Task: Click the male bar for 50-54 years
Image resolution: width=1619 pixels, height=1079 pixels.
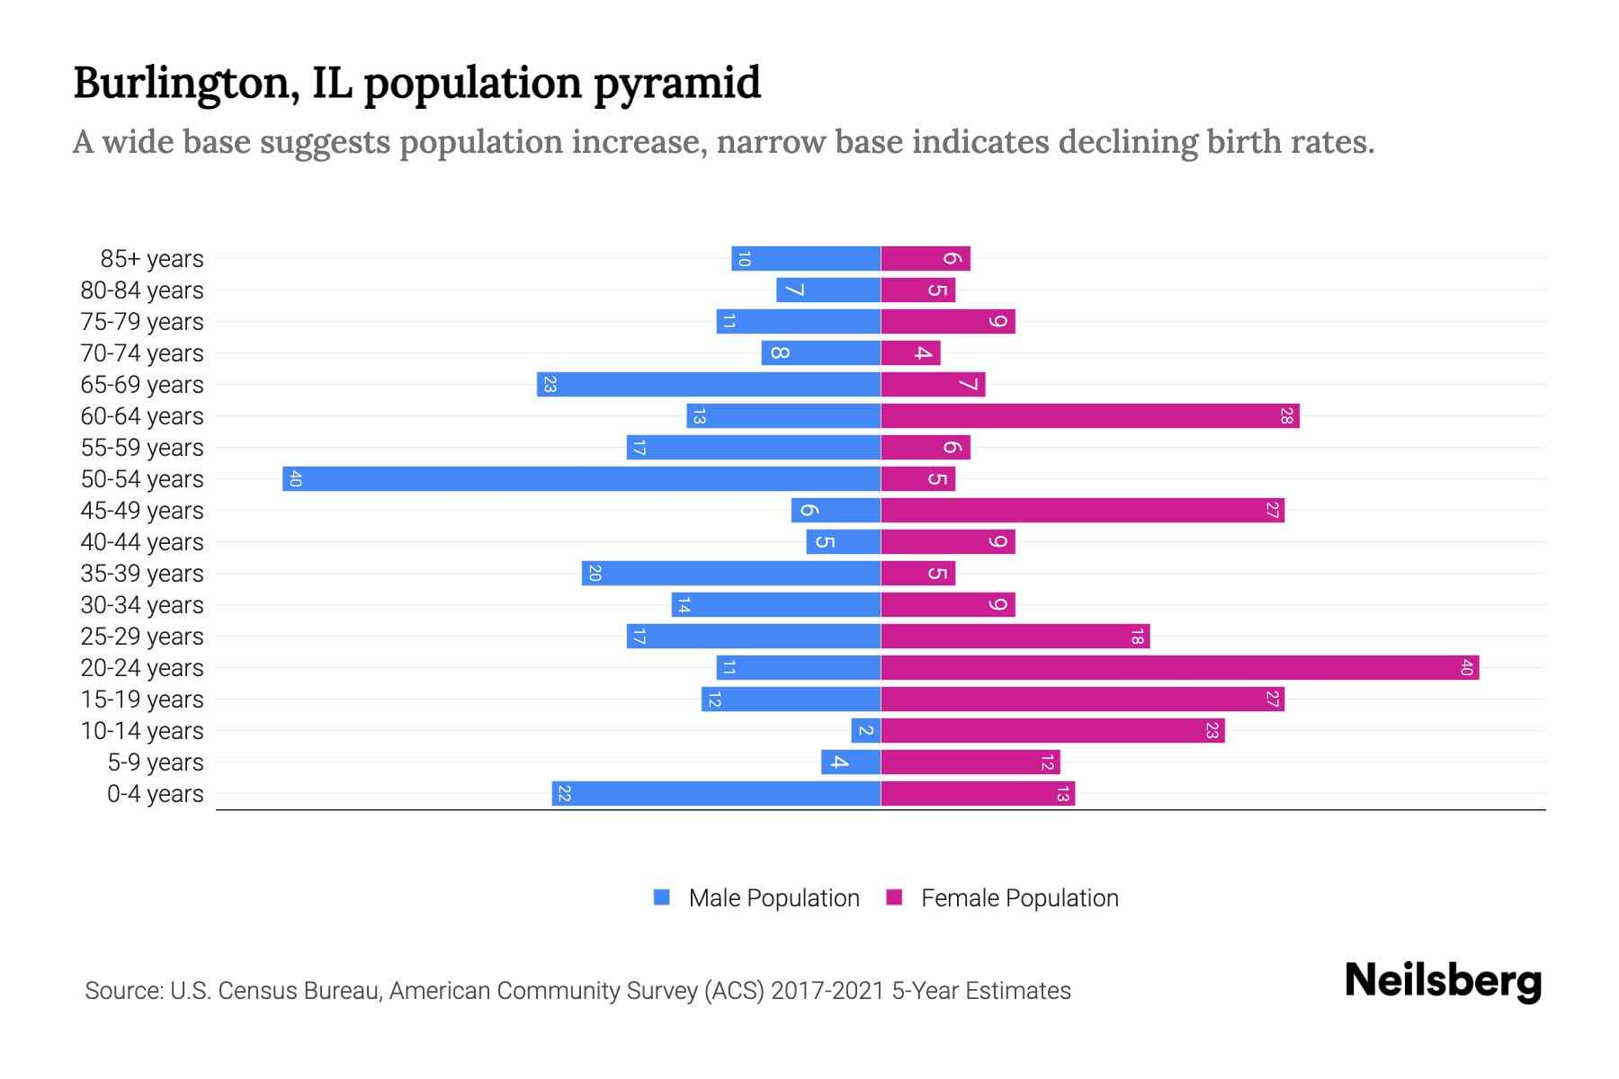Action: [x=581, y=478]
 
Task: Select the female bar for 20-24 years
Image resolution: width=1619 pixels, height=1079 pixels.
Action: [x=1179, y=667]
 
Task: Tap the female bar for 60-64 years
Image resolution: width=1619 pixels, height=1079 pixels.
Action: [x=1089, y=415]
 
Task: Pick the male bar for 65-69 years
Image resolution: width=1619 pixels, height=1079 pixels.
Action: [x=709, y=384]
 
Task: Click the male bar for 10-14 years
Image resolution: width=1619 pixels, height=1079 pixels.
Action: [x=866, y=730]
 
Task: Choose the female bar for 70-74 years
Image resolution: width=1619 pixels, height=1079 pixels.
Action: [x=910, y=352]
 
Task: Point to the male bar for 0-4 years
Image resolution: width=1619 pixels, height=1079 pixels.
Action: [x=716, y=793]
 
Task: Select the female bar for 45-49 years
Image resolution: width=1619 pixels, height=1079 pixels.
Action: [x=1082, y=510]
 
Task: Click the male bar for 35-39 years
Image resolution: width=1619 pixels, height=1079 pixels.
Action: [x=730, y=573]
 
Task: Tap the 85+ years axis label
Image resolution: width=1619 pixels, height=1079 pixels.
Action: [x=152, y=259]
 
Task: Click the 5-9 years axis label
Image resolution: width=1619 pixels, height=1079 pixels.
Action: [x=156, y=762]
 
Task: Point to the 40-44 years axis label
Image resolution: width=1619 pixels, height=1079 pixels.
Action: [x=142, y=542]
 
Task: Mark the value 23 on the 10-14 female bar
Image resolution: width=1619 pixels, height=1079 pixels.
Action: [x=1212, y=730]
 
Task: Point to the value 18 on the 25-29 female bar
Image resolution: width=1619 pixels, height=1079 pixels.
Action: [x=1137, y=637]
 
